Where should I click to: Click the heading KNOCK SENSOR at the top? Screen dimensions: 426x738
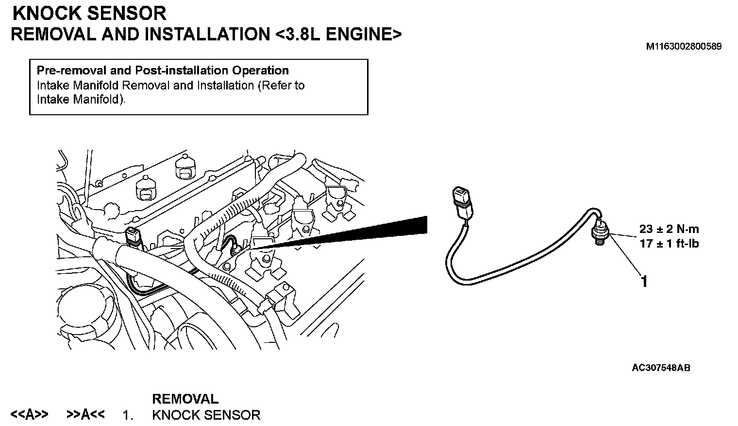click(x=89, y=13)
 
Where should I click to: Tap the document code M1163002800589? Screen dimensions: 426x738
click(x=683, y=47)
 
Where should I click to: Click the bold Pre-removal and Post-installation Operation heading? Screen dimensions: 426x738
click(x=163, y=71)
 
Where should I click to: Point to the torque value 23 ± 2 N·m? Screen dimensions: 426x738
click(x=669, y=229)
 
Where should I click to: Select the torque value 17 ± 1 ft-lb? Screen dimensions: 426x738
click(x=669, y=243)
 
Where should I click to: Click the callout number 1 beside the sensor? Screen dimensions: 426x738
click(x=644, y=282)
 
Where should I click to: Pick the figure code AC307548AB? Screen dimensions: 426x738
click(x=661, y=368)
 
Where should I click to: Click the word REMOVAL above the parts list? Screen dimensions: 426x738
click(x=185, y=399)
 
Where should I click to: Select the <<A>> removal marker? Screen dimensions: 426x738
click(x=29, y=415)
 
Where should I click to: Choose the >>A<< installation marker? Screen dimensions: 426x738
click(x=85, y=415)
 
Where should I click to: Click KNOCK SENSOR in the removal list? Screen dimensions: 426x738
click(x=206, y=415)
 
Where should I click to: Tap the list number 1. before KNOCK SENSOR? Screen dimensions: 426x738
click(x=128, y=416)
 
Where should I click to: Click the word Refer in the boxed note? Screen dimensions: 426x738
click(x=277, y=86)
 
